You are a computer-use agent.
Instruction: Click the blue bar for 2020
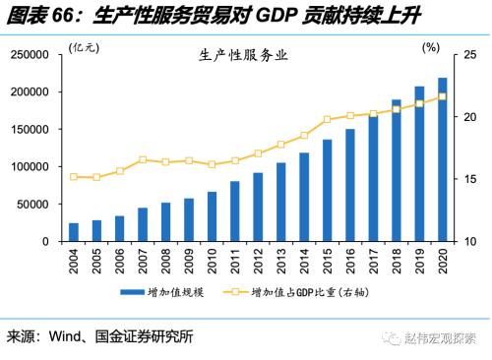pyautogui.click(x=442, y=159)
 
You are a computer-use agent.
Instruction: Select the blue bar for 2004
pyautogui.click(x=74, y=232)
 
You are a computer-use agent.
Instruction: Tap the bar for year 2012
pyautogui.click(x=258, y=207)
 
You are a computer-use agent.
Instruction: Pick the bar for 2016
pyautogui.click(x=349, y=185)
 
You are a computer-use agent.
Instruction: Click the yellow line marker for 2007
pyautogui.click(x=143, y=159)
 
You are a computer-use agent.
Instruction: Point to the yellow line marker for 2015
pyautogui.click(x=327, y=120)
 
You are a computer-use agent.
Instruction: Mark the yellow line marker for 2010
pyautogui.click(x=212, y=164)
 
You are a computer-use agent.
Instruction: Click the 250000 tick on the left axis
pyautogui.click(x=31, y=55)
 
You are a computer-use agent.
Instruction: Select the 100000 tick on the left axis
pyautogui.click(x=31, y=167)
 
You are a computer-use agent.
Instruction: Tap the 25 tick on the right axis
pyautogui.click(x=469, y=55)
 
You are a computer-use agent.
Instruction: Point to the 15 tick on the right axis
pyautogui.click(x=469, y=179)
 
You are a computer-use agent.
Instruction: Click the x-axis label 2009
pyautogui.click(x=189, y=260)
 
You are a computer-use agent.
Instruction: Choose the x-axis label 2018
pyautogui.click(x=396, y=260)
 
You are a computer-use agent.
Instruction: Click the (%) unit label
pyautogui.click(x=430, y=47)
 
